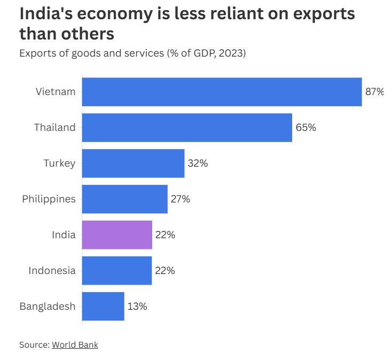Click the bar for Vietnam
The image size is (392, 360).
222,92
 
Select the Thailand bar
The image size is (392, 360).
187,128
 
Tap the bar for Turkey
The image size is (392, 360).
133,163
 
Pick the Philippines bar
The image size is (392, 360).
124,199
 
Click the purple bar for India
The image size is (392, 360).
117,235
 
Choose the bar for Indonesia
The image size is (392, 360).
117,271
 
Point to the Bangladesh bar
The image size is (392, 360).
103,307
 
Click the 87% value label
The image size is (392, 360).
374,92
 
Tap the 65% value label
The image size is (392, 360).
305,128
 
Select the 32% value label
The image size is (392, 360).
198,163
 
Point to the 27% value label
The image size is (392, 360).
180,199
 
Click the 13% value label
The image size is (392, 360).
137,307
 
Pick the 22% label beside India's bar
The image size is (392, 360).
164,235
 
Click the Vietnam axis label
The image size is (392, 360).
56,92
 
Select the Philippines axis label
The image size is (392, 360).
49,199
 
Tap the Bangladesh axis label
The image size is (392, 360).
48,307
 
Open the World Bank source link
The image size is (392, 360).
75,345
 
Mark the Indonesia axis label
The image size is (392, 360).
52,271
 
